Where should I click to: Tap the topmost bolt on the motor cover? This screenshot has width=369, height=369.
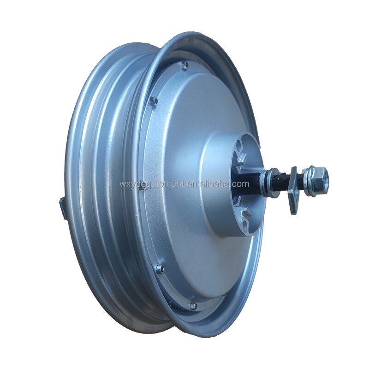184,65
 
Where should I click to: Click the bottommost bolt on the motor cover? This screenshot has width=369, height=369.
193,305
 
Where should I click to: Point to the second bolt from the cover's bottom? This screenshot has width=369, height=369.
160,269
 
